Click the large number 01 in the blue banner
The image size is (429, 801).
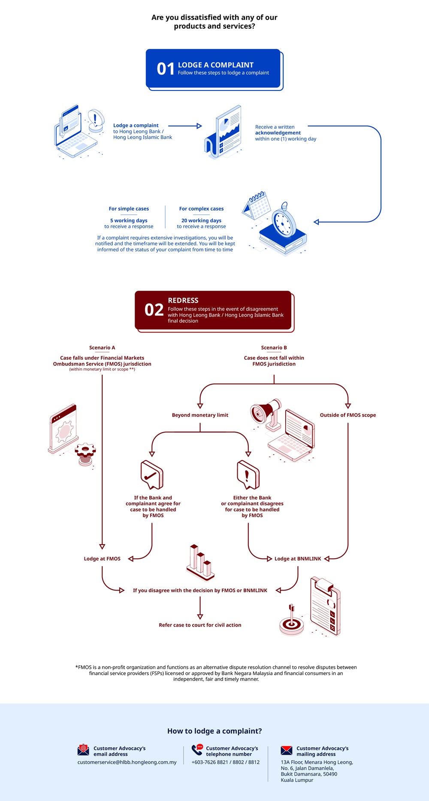tap(166, 69)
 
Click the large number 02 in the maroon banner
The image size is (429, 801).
tap(154, 310)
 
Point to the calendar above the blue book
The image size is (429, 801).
tap(256, 205)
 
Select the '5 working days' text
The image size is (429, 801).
tap(129, 220)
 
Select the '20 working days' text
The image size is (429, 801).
tap(201, 220)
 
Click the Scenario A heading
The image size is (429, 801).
tap(102, 348)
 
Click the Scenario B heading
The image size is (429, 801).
tap(274, 348)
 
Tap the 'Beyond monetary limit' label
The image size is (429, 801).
tap(200, 415)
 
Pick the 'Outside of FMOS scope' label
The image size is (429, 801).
tap(347, 415)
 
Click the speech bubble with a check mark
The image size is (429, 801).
tap(152, 474)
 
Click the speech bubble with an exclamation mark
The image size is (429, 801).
tap(248, 474)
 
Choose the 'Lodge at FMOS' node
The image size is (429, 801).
tap(102, 559)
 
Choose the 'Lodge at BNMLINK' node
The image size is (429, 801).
tap(298, 559)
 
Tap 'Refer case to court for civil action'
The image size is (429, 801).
tap(200, 625)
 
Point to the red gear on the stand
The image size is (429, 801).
tap(85, 451)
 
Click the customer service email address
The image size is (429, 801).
tap(127, 762)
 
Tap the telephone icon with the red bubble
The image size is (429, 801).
tap(197, 750)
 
